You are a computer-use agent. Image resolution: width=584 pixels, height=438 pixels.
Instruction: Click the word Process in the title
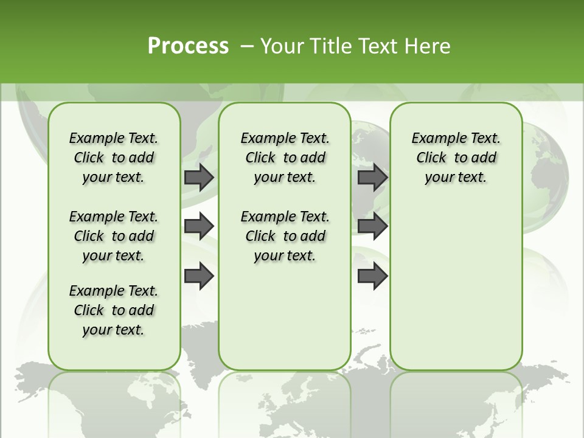pos(188,46)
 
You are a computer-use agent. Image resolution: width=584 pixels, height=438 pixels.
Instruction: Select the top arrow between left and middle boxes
pos(199,177)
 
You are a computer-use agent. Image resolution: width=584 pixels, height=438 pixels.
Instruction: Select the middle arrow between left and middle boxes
pos(199,226)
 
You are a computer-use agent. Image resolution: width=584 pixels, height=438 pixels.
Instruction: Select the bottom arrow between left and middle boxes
pos(199,276)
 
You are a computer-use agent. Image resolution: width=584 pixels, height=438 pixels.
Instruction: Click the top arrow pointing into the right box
pos(372,177)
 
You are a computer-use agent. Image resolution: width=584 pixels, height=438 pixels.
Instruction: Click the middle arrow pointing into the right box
pos(372,226)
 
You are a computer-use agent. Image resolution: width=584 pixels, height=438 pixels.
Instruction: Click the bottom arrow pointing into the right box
pos(372,276)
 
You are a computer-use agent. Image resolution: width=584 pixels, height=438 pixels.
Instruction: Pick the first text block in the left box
pos(114,158)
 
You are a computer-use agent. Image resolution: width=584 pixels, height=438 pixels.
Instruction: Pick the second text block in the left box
pos(114,236)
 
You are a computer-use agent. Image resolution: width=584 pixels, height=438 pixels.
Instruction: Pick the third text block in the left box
pos(114,310)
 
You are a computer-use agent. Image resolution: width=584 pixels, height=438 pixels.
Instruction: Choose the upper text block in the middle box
pos(285,158)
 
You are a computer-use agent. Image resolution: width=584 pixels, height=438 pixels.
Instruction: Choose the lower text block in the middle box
pos(285,236)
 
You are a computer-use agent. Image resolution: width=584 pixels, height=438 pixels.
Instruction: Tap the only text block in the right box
pos(456,158)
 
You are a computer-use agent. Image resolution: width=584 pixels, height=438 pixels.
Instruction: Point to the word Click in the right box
pos(431,158)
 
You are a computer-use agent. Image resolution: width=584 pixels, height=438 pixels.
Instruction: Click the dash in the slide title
pos(247,46)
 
